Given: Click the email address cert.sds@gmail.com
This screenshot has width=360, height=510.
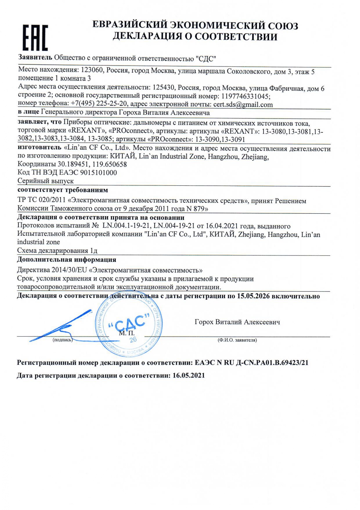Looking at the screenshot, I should (x=243, y=105).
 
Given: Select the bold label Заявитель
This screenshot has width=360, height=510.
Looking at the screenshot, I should (x=35, y=57).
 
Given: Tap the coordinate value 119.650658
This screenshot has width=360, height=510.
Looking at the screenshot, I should (x=109, y=164).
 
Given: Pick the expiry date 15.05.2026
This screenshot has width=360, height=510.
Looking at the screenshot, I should (x=253, y=296).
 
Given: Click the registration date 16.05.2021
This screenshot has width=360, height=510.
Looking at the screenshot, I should (x=189, y=375).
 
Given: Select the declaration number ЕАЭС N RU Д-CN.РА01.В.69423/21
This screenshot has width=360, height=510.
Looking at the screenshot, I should (x=251, y=363).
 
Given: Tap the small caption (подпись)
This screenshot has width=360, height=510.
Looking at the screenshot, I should (x=62, y=340).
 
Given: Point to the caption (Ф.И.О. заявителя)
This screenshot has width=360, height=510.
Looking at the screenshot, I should (x=237, y=340).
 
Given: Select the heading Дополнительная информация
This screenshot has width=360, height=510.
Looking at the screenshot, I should (x=66, y=260).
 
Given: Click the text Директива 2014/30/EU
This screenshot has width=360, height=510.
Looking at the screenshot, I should (x=52, y=270).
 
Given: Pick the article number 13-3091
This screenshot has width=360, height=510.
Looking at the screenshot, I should (x=233, y=139).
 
